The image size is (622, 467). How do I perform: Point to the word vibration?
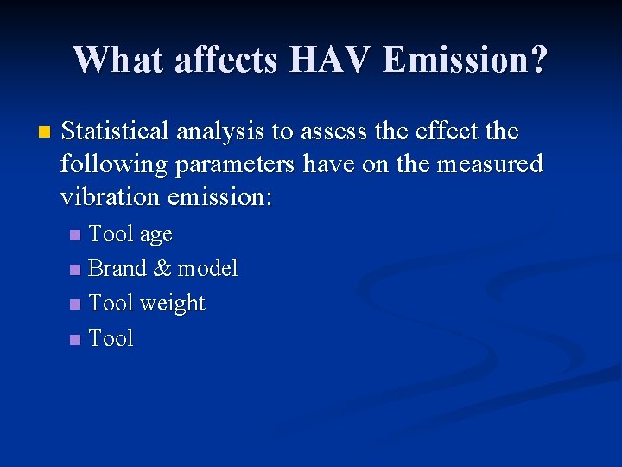(x=111, y=196)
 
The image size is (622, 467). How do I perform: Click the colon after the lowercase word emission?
(x=269, y=198)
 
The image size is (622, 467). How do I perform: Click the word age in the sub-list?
(x=155, y=235)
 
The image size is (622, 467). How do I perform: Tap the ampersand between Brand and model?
(x=162, y=268)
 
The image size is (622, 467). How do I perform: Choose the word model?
(x=207, y=268)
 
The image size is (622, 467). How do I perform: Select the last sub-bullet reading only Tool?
(x=111, y=338)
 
